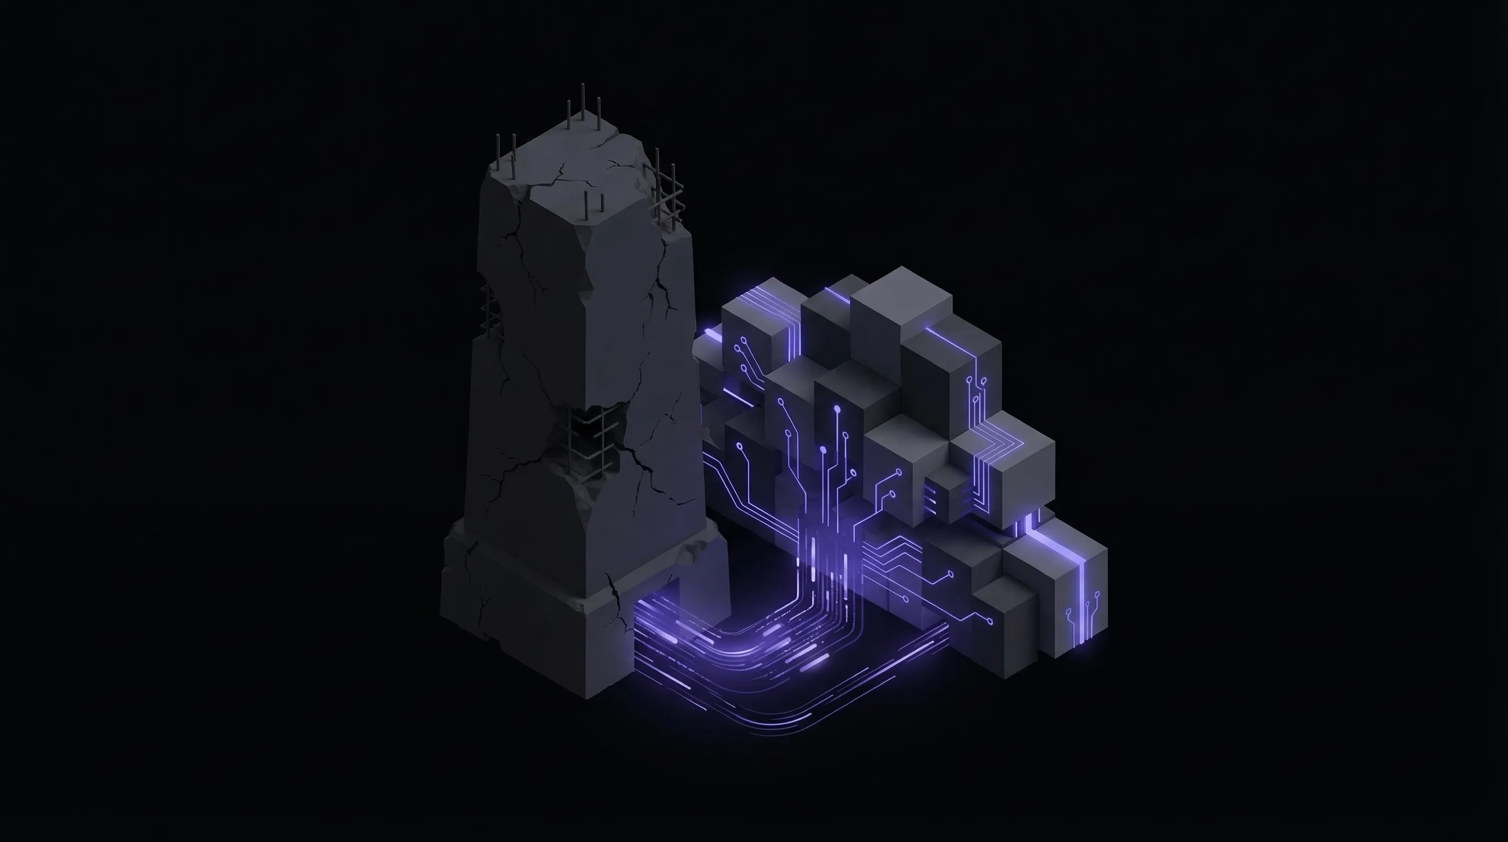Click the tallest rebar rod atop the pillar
coord(583,103)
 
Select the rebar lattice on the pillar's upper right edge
coord(666,190)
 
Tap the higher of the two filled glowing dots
coord(837,408)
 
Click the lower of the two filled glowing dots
coord(823,450)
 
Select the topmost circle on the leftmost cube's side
coord(744,340)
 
